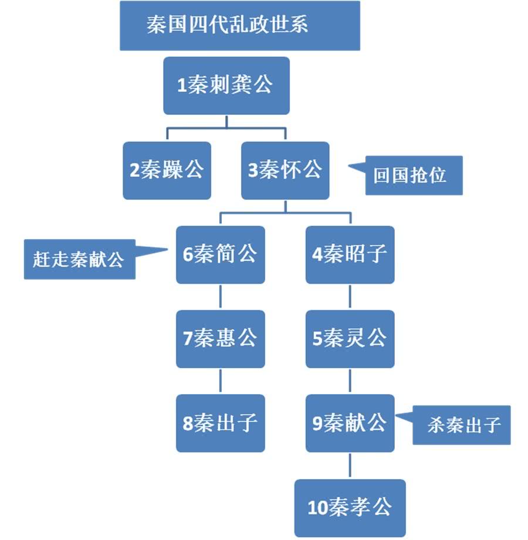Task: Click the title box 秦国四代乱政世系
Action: (x=239, y=26)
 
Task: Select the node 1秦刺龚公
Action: (x=226, y=86)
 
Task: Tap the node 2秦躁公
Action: (x=167, y=170)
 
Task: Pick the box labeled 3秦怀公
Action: (x=285, y=170)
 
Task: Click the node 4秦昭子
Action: (x=350, y=254)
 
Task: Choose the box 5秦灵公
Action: (x=350, y=339)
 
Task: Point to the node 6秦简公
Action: (x=220, y=254)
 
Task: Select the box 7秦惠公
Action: (x=220, y=339)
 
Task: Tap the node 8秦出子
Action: (x=220, y=423)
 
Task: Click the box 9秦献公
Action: (x=350, y=423)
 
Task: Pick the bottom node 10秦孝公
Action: (x=350, y=507)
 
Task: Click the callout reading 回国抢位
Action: (x=414, y=175)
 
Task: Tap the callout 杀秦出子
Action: (x=461, y=424)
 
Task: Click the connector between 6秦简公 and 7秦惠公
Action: (x=220, y=297)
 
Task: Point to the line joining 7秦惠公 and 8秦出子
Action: (x=220, y=381)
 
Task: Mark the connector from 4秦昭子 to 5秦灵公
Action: (x=350, y=297)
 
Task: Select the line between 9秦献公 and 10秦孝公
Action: (x=350, y=466)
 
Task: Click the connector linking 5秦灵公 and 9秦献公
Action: (x=350, y=381)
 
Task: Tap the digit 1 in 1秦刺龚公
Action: (x=182, y=86)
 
